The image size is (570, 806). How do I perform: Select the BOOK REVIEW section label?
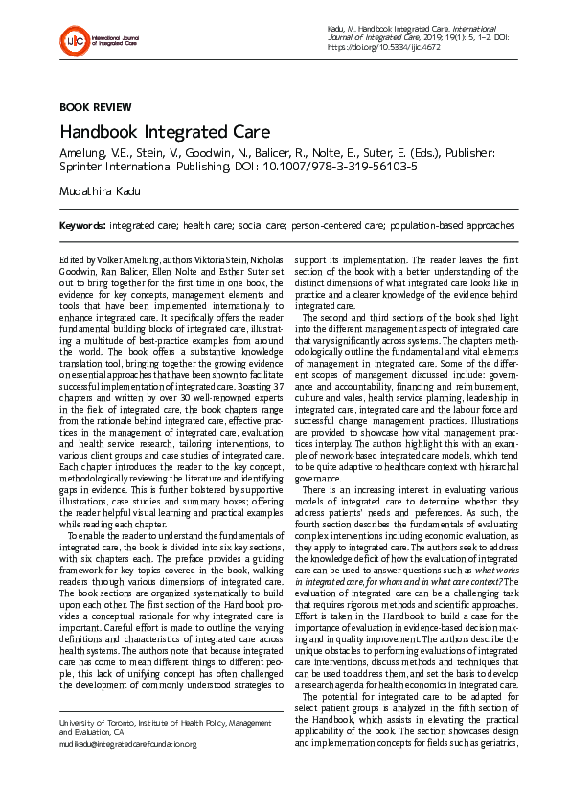tap(96, 107)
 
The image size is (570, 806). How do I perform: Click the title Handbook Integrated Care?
tap(165, 132)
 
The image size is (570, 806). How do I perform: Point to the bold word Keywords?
tap(82, 225)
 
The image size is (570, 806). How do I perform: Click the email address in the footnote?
tap(127, 743)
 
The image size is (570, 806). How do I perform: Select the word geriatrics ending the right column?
tap(493, 743)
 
